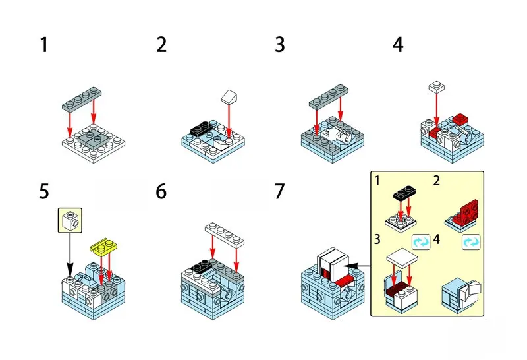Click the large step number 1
44,45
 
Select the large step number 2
162,45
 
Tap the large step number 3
280,45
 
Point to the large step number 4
398,45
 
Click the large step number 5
44,192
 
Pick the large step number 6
162,192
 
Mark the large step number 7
280,192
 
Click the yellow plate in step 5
103,246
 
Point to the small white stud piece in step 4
435,86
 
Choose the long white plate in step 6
224,231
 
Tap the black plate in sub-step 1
404,193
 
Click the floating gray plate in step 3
328,98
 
